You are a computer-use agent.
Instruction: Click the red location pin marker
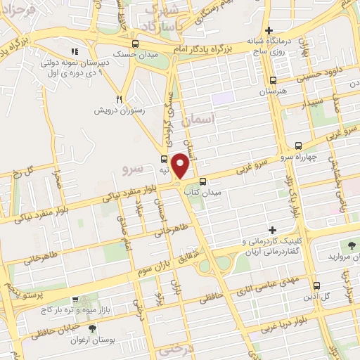click(181, 165)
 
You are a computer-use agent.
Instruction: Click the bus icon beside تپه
click(164, 159)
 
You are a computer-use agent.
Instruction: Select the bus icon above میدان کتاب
click(202, 181)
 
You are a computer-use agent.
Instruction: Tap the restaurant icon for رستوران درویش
click(119, 99)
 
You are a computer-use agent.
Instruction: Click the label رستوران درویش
click(120, 110)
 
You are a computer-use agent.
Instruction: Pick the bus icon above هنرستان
click(273, 81)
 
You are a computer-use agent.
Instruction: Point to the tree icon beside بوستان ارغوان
click(92, 328)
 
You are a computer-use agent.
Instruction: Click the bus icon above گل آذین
click(316, 285)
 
